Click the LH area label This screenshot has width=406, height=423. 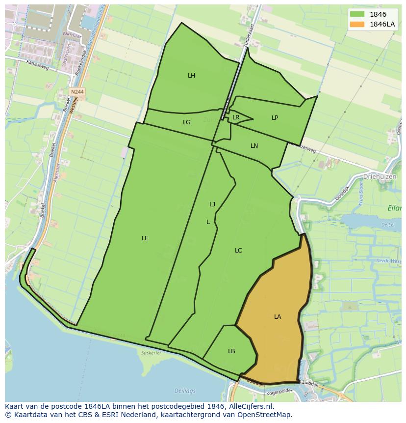point(191,76)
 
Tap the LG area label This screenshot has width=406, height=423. point(186,122)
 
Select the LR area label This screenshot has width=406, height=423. point(236,117)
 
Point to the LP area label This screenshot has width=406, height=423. point(275,118)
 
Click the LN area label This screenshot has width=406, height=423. point(254,146)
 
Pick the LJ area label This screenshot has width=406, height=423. point(212,204)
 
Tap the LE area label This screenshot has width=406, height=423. point(145,238)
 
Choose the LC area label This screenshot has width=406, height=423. point(238,251)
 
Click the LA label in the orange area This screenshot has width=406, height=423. point(278,317)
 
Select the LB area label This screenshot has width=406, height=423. point(231,351)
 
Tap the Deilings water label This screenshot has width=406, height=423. point(184,391)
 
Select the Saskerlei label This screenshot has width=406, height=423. point(151,352)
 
